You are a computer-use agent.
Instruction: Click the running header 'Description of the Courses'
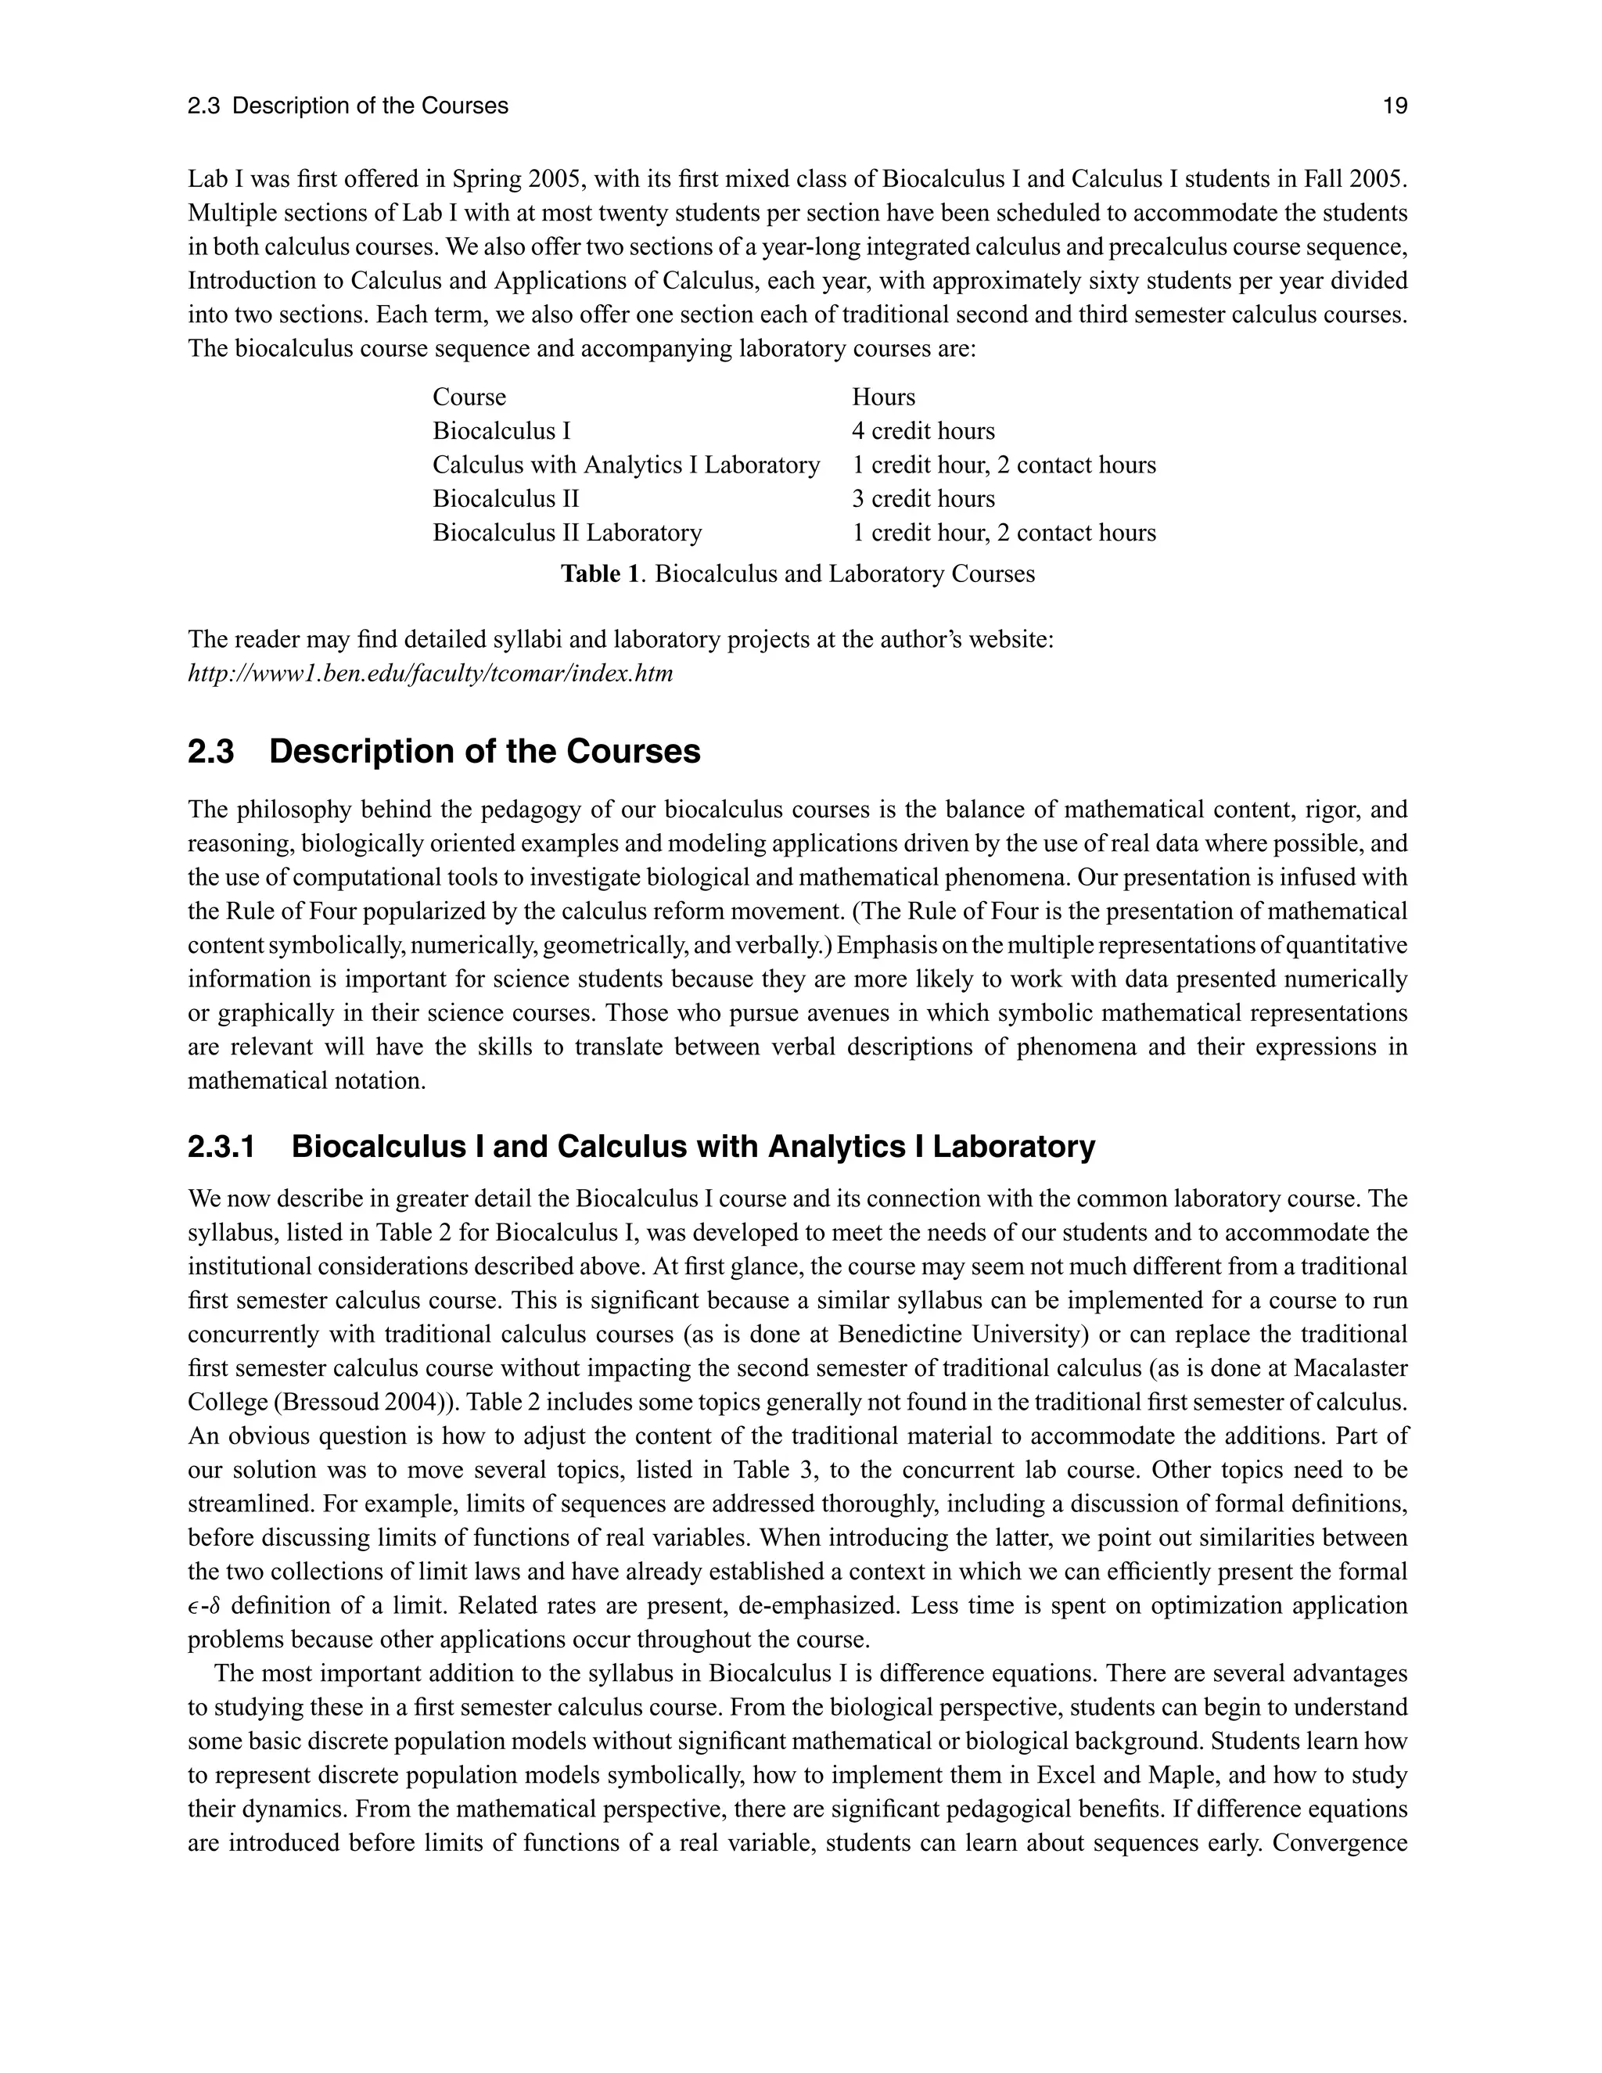tap(370, 106)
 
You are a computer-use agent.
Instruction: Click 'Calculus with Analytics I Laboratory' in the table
tap(626, 465)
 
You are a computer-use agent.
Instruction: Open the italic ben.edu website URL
tap(430, 674)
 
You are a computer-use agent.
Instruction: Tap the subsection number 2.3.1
tap(222, 1147)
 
